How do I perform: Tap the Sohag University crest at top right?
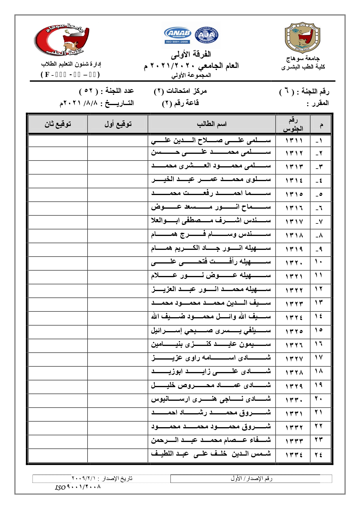click(302, 38)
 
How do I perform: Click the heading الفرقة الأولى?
click(191, 54)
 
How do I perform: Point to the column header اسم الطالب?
click(211, 124)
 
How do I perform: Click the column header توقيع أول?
click(118, 124)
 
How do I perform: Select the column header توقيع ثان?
click(58, 124)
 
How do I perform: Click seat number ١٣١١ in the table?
click(294, 141)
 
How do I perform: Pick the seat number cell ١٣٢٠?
click(294, 263)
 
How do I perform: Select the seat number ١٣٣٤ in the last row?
click(294, 455)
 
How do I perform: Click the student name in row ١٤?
click(211, 317)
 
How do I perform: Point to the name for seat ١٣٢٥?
click(211, 331)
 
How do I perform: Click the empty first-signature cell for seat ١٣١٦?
click(118, 208)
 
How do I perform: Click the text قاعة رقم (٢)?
click(180, 103)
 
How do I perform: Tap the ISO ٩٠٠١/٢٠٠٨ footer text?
click(78, 487)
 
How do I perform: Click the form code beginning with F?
click(70, 75)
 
